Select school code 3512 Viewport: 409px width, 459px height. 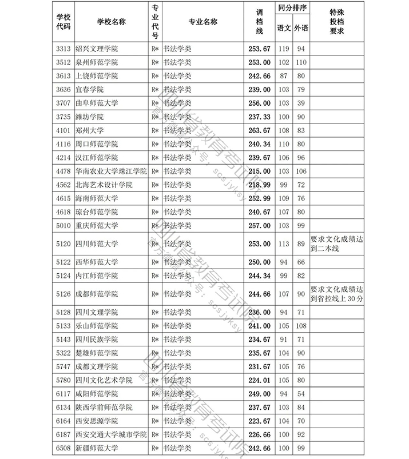[63, 62]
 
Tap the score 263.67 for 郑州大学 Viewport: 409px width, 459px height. [259, 130]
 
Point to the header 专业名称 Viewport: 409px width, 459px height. [202, 21]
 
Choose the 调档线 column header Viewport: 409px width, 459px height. [259, 21]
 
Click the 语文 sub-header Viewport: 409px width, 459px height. [284, 27]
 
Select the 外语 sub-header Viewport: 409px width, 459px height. [301, 27]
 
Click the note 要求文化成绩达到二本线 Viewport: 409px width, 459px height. [336, 244]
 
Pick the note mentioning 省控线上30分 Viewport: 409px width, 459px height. [336, 294]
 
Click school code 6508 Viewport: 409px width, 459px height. [63, 449]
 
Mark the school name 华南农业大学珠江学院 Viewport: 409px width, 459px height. [111, 171]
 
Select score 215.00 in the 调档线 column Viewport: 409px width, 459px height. [259, 171]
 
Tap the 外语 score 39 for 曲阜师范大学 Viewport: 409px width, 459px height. [301, 103]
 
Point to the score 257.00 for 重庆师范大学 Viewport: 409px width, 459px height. [259, 225]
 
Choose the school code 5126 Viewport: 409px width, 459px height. [63, 294]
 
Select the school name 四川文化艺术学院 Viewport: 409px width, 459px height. [104, 380]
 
